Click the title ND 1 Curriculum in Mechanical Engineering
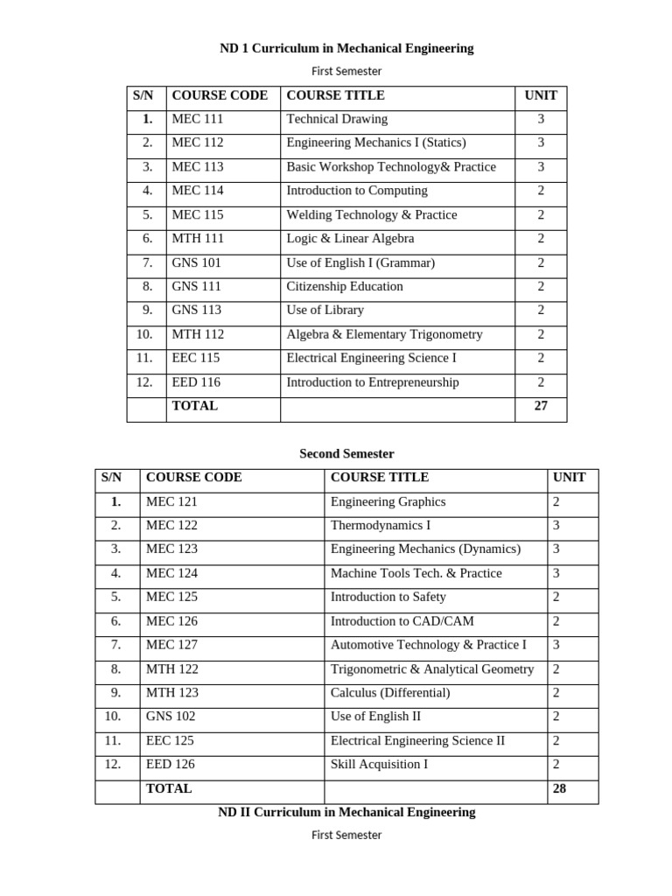point(346,48)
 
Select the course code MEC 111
point(198,119)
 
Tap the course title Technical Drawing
point(337,119)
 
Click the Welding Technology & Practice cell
point(371,214)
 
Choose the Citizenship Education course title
point(345,286)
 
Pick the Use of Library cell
point(325,310)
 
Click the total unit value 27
point(541,406)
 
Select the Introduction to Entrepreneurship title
point(372,381)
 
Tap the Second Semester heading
point(346,453)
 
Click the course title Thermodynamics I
point(381,525)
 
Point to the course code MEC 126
point(171,621)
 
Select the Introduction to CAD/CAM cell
point(402,621)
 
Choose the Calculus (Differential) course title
point(390,692)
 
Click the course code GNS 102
point(171,716)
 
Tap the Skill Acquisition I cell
point(379,764)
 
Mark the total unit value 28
point(559,788)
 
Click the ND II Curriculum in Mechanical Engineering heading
point(346,812)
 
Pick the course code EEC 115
point(196,358)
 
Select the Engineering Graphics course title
point(388,501)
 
